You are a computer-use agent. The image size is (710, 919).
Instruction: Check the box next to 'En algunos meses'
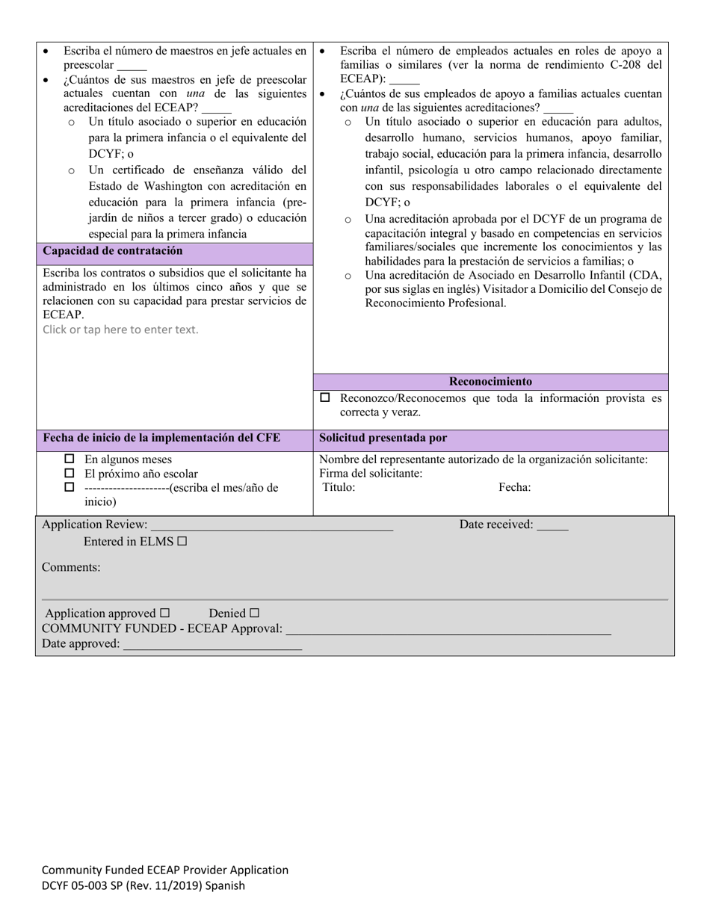(70, 459)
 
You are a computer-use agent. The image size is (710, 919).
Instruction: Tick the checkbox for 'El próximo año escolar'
(70, 473)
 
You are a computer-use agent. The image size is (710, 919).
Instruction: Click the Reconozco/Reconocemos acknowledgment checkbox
(324, 398)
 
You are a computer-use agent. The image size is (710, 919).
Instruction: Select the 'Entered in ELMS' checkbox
(182, 542)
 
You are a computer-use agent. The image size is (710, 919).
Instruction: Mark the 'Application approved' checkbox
(165, 613)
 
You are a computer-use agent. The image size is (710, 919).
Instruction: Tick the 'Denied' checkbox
(254, 613)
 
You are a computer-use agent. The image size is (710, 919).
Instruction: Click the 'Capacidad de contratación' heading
(113, 251)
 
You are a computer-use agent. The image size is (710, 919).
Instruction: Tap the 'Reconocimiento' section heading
(490, 381)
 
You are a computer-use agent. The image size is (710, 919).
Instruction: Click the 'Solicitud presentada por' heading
(383, 438)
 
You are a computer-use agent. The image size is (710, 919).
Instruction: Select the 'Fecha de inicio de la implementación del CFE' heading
(161, 438)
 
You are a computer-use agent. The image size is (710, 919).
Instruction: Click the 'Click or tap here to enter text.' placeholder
(121, 329)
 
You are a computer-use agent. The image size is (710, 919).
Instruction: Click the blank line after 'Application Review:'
(271, 526)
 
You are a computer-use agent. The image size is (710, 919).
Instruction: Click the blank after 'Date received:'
(552, 526)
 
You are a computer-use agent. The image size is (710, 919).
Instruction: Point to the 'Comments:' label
(71, 567)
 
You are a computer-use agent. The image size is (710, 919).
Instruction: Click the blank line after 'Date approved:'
(212, 645)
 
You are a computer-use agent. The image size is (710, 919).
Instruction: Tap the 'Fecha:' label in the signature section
(515, 488)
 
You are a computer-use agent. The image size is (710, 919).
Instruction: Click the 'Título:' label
(339, 488)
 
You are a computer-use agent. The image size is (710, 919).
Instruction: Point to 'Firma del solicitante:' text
(371, 474)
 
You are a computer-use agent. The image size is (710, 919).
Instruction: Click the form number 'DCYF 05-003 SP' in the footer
(82, 886)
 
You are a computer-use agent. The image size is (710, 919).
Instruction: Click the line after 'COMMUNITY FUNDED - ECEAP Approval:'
(448, 630)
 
